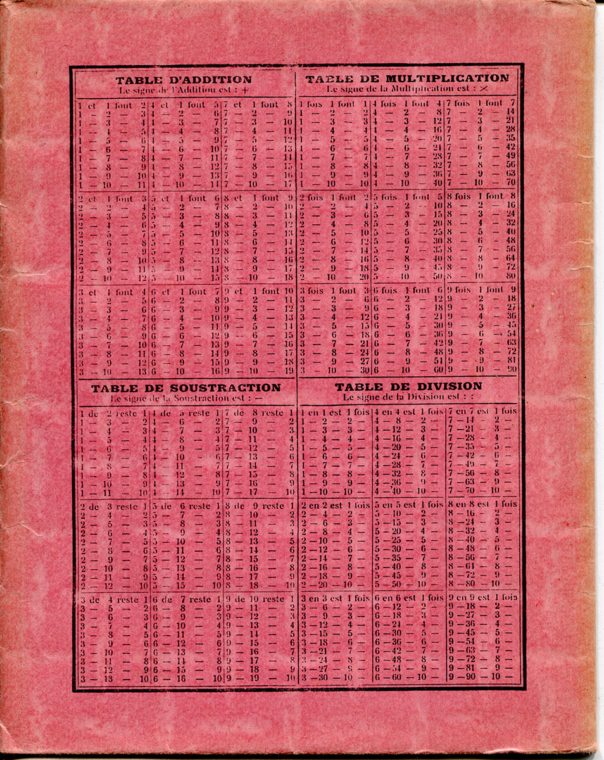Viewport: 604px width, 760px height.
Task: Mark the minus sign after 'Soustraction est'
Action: coord(259,398)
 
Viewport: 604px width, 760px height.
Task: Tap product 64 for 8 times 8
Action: coord(510,258)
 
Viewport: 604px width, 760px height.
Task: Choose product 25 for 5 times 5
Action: coord(437,232)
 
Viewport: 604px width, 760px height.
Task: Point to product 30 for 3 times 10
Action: coord(364,369)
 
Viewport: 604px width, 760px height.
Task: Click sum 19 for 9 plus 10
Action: coord(289,371)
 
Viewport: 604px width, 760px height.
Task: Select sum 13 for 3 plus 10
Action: coord(142,371)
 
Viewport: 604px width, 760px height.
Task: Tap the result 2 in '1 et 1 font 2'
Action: coord(144,105)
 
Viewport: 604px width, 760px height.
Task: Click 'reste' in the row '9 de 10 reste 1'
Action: coord(274,598)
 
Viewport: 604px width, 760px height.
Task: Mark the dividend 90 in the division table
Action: coord(471,677)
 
